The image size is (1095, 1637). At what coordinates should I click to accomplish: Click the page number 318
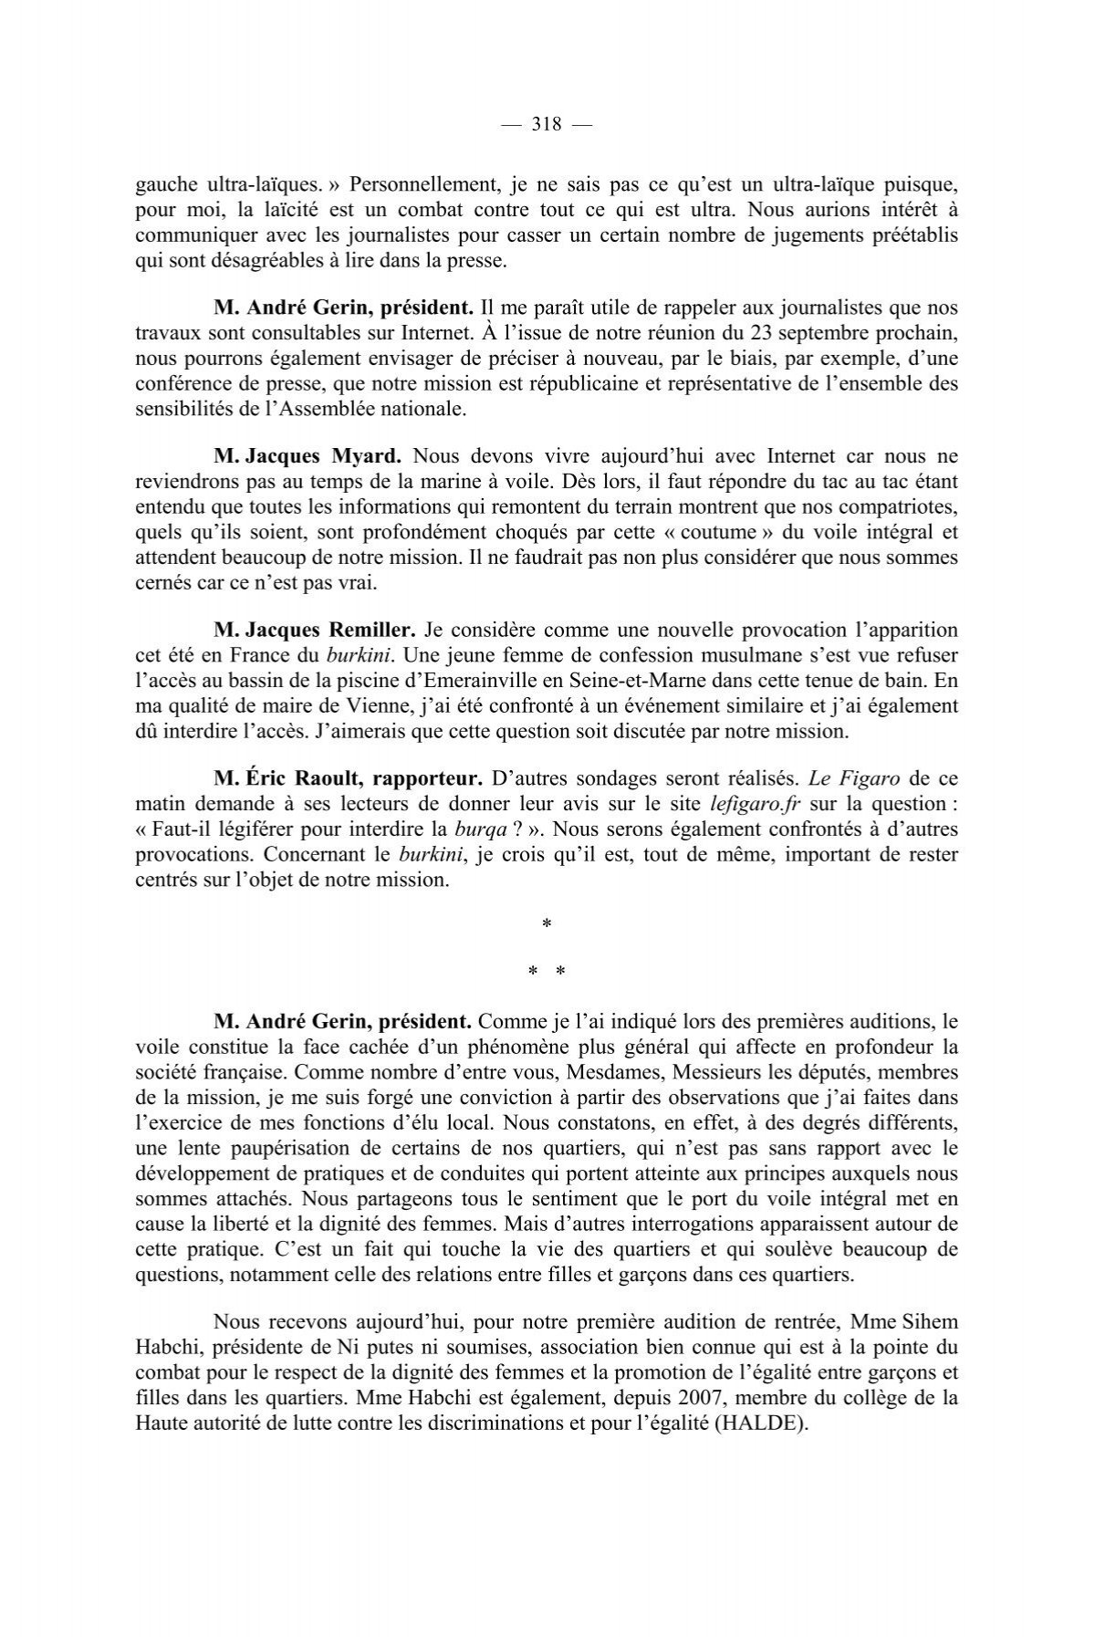click(x=546, y=125)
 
